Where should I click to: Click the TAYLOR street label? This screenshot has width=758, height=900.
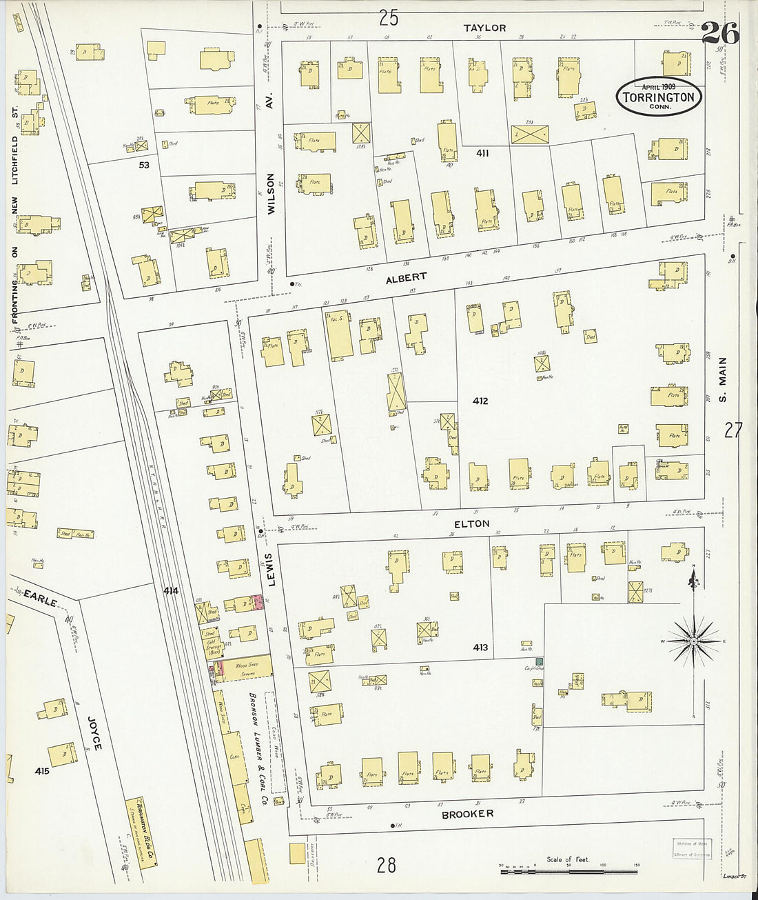[484, 28]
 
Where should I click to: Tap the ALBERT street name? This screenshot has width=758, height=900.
[406, 278]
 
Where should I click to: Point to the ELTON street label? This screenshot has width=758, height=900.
[471, 524]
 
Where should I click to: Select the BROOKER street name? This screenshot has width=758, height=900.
[467, 814]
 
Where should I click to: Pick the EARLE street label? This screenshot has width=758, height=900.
[41, 597]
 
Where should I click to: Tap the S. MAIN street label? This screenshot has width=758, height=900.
[723, 379]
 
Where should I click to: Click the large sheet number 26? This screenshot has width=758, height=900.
[720, 33]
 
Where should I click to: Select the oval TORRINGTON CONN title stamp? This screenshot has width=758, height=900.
[659, 96]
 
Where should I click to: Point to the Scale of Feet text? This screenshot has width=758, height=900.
[568, 859]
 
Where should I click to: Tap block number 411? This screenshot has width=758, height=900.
[482, 153]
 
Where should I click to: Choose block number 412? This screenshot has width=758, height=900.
[480, 401]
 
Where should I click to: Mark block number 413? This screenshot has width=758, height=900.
[480, 648]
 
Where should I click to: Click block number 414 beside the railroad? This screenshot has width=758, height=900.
[172, 591]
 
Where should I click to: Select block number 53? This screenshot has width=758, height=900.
[144, 166]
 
